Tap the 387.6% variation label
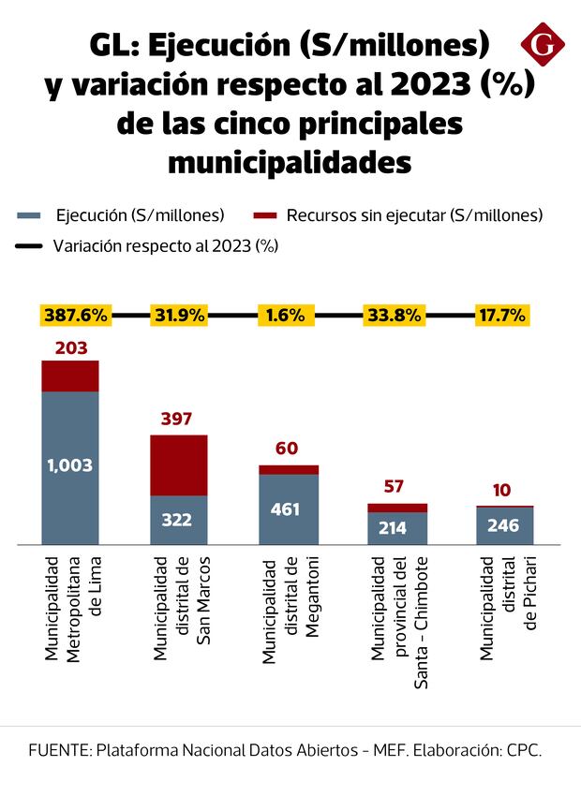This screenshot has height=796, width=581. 74,316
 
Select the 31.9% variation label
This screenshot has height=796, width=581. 178,316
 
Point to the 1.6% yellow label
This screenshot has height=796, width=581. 285,316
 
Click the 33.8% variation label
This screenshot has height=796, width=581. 394,316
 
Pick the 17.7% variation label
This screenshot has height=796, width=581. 503,316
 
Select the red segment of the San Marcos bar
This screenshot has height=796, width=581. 179,464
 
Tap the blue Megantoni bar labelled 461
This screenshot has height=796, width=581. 289,509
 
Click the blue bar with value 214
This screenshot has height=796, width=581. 397,528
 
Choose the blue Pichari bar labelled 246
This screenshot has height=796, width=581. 505,525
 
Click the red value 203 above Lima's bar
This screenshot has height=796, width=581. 70,348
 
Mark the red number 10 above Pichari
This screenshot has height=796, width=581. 504,491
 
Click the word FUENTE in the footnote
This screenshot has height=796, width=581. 59,751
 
